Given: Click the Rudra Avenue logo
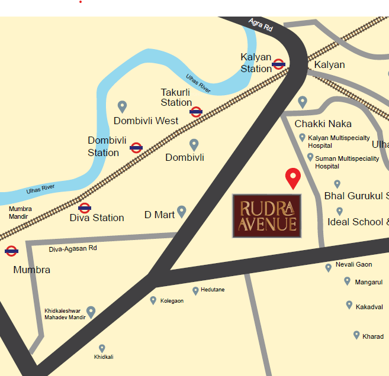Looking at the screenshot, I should click(x=266, y=216).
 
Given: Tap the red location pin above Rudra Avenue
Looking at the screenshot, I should click(x=292, y=177).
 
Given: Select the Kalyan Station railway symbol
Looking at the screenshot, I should click(x=279, y=64).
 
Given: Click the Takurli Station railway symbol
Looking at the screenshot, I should click(x=197, y=111).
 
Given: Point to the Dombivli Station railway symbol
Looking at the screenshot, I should click(x=136, y=148).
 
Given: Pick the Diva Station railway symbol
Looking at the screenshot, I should click(x=85, y=208).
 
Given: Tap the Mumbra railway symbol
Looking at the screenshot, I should click(x=11, y=251).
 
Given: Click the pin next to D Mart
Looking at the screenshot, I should click(x=182, y=211).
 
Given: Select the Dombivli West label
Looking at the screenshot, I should click(x=146, y=121).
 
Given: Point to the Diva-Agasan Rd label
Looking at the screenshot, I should click(x=73, y=248).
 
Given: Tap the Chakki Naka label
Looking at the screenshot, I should click(x=323, y=124).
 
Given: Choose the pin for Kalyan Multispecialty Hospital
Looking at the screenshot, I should click(x=303, y=138).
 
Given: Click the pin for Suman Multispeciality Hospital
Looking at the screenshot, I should click(x=310, y=157).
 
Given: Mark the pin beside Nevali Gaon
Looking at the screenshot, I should click(x=329, y=267).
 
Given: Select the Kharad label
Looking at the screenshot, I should click(x=373, y=336).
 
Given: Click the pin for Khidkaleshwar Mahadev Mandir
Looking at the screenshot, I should click(x=91, y=311).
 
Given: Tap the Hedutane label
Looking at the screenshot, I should click(x=213, y=290).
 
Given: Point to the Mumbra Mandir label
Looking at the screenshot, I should click(x=20, y=213).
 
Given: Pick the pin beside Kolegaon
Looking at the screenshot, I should click(x=153, y=300).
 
